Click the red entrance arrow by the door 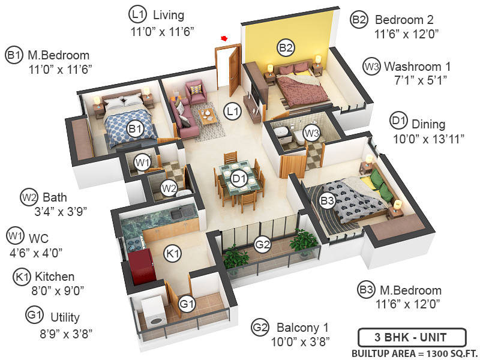click(x=225, y=39)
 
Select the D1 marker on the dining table click(x=239, y=178)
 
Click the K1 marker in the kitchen click(x=173, y=254)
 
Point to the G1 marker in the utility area click(x=188, y=304)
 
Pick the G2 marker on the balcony click(x=262, y=244)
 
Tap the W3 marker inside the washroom click(x=311, y=132)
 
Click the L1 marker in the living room click(x=232, y=110)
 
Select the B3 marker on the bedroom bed click(x=327, y=201)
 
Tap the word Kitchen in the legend click(x=55, y=277)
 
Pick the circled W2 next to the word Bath click(x=29, y=197)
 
